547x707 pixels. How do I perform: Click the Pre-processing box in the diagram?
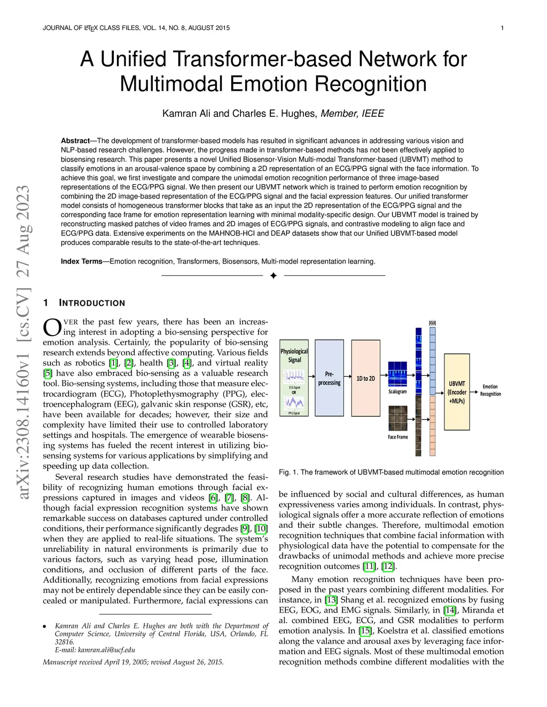[329, 378]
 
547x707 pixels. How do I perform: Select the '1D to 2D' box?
[365, 378]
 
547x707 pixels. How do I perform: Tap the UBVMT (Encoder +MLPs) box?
[457, 392]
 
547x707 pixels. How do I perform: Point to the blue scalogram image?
[397, 374]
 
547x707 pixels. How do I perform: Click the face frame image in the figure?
[397, 418]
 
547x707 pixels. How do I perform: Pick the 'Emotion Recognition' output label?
[490, 390]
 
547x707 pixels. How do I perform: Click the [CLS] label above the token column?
[432, 323]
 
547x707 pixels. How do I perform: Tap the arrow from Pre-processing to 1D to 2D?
[347, 378]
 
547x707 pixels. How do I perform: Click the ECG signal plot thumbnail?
[294, 377]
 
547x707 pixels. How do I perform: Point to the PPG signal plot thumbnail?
[294, 402]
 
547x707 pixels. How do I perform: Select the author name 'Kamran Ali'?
[186, 114]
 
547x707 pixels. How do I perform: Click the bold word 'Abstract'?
[75, 141]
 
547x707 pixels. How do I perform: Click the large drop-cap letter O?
[52, 328]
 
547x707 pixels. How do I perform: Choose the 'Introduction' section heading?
[92, 303]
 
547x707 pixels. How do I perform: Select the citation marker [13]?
[331, 600]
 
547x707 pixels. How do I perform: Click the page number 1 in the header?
[502, 28]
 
